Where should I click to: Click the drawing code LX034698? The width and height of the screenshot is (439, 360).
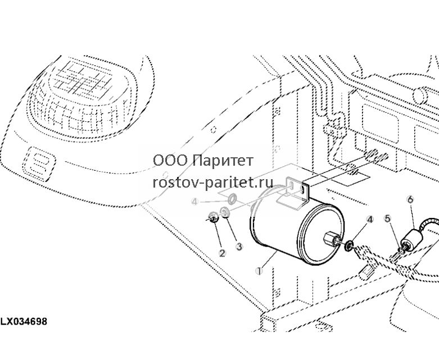pyautogui.click(x=24, y=321)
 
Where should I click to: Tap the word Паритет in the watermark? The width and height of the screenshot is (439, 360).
pyautogui.click(x=223, y=161)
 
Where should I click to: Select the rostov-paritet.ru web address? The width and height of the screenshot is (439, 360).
pyautogui.click(x=213, y=183)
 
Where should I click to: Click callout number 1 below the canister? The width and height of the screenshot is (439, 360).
pyautogui.click(x=259, y=271)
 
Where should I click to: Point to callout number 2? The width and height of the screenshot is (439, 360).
pyautogui.click(x=222, y=253)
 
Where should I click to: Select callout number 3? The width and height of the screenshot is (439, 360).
pyautogui.click(x=239, y=247)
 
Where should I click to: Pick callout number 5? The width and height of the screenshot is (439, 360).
pyautogui.click(x=387, y=218)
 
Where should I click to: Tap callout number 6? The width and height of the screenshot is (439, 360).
pyautogui.click(x=410, y=200)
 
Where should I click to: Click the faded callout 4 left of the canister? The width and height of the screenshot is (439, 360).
pyautogui.click(x=195, y=202)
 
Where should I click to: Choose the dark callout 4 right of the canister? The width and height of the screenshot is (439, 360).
pyautogui.click(x=370, y=220)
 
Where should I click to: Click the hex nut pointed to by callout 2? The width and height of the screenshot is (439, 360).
pyautogui.click(x=214, y=217)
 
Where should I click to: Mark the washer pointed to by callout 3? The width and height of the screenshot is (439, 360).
pyautogui.click(x=225, y=212)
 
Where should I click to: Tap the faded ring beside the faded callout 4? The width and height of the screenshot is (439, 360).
pyautogui.click(x=232, y=198)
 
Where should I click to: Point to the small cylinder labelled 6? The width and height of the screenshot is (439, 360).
pyautogui.click(x=411, y=239)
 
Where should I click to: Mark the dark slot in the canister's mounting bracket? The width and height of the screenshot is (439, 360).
pyautogui.click(x=303, y=190)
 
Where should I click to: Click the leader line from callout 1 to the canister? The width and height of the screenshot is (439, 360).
pyautogui.click(x=269, y=260)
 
